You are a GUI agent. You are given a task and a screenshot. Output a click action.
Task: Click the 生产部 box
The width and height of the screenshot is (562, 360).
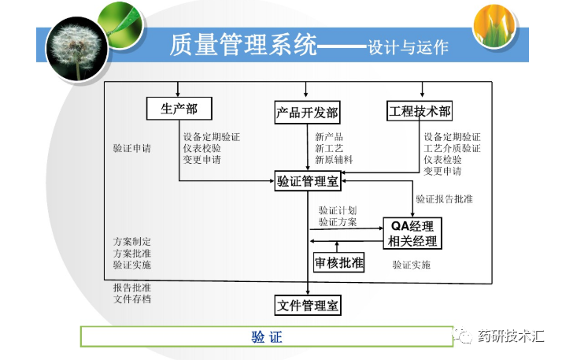pos(179,109)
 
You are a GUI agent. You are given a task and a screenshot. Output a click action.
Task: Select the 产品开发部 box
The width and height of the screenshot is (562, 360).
pos(307,112)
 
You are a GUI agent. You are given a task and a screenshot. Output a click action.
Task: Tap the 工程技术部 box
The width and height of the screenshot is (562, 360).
pos(420,111)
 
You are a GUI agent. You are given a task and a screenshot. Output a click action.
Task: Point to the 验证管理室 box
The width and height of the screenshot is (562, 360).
pos(307,180)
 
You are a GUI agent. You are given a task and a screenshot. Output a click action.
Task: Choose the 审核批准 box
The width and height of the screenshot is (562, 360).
pos(339,263)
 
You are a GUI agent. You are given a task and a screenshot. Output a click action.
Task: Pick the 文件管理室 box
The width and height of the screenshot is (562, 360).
pos(308,305)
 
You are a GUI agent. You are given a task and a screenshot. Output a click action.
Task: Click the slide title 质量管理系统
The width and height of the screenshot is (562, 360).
pos(243,45)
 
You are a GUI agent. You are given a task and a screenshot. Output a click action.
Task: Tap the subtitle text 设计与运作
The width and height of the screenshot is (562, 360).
pos(409,47)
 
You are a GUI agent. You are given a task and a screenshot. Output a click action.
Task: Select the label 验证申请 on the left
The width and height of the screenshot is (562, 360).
pos(132,147)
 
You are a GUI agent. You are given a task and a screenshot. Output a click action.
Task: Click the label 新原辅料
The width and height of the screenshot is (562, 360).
pos(334,159)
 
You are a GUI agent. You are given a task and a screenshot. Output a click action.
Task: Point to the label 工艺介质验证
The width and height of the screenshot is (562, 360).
pos(452,148)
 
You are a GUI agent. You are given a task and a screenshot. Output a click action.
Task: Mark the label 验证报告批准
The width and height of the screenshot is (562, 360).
pos(445,199)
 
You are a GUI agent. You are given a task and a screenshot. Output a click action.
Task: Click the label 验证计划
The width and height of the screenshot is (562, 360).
pos(338,211)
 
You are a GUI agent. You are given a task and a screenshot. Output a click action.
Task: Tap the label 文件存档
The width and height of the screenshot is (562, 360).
pos(132,299)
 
